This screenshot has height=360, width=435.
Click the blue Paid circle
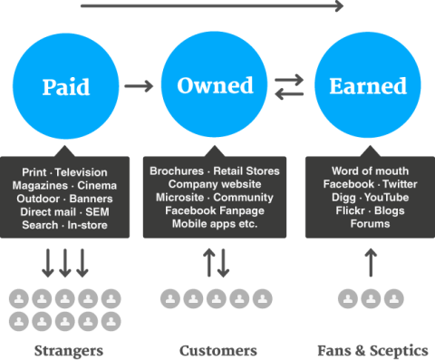pos(65,86)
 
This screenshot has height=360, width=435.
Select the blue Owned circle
pos(215,86)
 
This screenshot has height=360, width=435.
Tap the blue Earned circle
pos(367,86)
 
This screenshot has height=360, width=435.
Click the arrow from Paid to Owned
pos(139,86)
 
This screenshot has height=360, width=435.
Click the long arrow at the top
pos(213,7)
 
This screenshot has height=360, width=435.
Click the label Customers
pos(217,350)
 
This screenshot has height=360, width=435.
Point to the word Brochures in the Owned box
pos(177,170)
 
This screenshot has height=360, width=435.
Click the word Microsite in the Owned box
pos(177,196)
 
